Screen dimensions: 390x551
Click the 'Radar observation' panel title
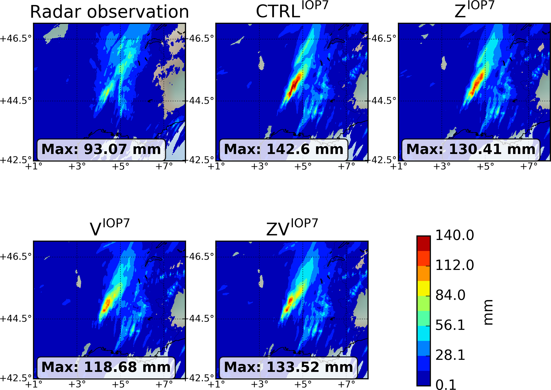(109, 12)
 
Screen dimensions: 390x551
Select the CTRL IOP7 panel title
(292, 11)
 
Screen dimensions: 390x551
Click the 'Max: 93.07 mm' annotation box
(101, 150)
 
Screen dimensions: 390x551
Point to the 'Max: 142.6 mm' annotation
(283, 150)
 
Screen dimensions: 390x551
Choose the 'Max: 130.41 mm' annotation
(471, 150)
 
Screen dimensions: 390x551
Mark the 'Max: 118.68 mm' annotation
(106, 367)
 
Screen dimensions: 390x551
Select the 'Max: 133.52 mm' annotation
(288, 367)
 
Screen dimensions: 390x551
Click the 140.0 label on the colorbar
(455, 235)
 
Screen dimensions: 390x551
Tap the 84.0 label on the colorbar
(450, 295)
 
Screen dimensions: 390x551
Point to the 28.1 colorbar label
(450, 355)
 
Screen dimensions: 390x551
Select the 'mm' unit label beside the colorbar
(488, 312)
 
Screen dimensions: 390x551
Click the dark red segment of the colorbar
(423, 244)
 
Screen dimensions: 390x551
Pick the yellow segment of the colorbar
(423, 288)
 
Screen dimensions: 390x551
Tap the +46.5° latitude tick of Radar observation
(16, 39)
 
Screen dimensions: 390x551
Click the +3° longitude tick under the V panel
(77, 384)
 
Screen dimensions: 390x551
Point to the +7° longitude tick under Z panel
(529, 166)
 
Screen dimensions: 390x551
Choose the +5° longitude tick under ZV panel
(303, 384)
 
